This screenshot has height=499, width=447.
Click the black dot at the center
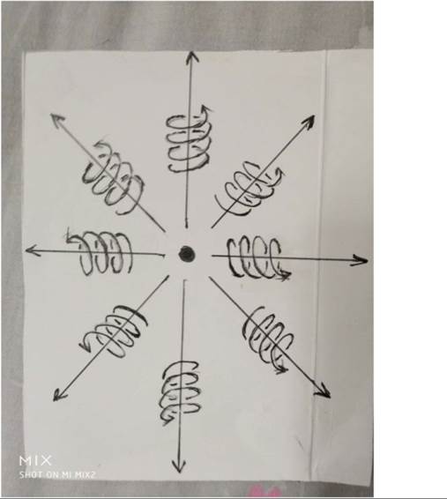[186, 254]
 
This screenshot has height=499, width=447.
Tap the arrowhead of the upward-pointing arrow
[191, 56]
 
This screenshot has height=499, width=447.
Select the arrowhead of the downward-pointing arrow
[179, 466]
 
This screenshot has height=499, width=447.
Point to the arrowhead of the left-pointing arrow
[32, 250]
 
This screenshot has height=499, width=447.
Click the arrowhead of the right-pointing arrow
[360, 260]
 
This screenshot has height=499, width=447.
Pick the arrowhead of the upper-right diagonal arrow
[308, 122]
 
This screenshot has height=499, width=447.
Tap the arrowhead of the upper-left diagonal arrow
[57, 120]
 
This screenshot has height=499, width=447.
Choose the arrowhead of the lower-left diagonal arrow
[59, 395]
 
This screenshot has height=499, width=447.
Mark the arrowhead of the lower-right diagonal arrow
[323, 391]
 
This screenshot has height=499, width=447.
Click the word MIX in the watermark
[35, 460]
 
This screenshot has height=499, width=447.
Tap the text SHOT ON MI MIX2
[57, 475]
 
